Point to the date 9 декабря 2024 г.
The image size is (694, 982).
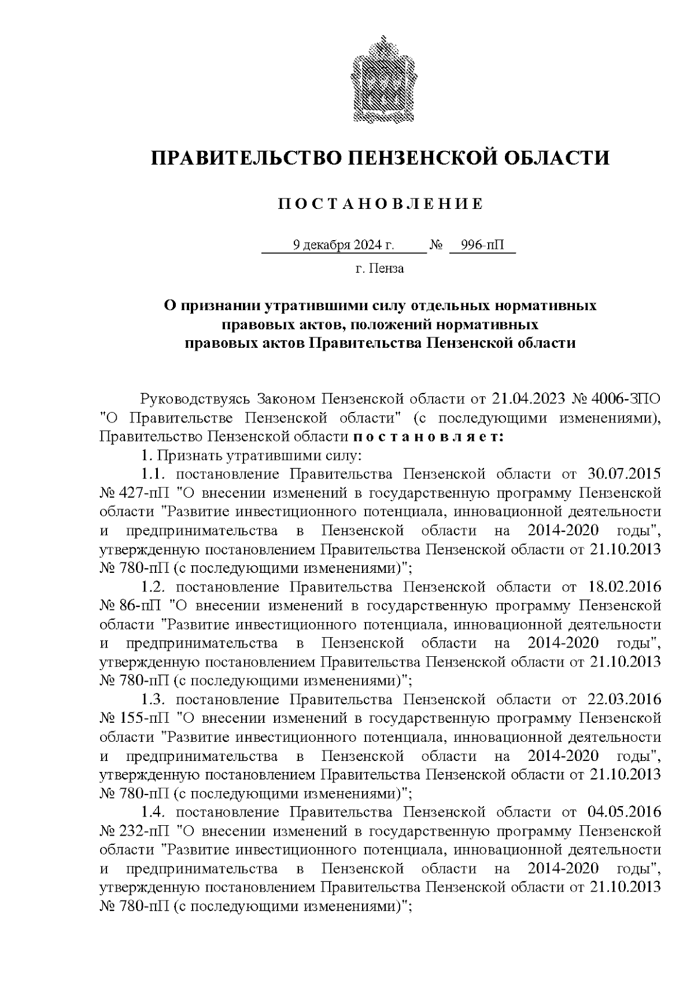point(344,245)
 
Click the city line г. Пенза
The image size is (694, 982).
point(379,269)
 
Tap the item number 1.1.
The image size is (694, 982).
point(153,474)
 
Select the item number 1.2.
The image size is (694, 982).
point(153,587)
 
